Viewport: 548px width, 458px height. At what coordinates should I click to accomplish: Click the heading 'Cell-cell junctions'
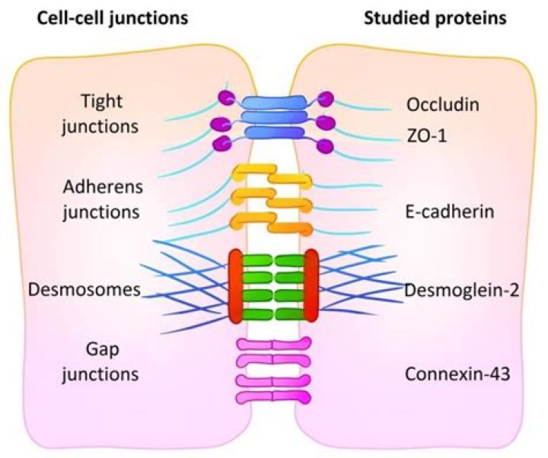coord(112,18)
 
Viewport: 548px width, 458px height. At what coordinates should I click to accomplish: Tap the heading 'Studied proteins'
coord(435,17)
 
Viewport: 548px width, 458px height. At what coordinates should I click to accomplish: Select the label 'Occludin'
coord(443,104)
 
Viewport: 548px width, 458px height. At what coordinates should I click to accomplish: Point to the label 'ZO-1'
coord(426,135)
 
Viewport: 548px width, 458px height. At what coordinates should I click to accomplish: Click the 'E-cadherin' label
coord(450,212)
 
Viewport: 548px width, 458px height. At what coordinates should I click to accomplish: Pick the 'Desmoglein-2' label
coord(462,290)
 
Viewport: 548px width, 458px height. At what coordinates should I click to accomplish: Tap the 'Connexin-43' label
coord(457,374)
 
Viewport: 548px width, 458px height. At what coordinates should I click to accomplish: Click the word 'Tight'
coord(102,102)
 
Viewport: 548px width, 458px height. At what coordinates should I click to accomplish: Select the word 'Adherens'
coord(103,187)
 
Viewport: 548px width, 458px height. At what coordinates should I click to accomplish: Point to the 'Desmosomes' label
coord(84,290)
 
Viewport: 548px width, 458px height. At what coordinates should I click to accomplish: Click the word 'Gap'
coord(103,350)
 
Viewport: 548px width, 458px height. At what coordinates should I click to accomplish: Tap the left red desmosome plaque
coord(235,286)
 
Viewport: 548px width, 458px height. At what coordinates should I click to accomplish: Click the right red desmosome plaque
coord(311,285)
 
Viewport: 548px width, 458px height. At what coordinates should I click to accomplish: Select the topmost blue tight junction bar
coord(274,102)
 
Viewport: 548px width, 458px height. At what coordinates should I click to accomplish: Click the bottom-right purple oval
coord(325,146)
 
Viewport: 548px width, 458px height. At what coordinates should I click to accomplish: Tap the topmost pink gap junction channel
coord(274,344)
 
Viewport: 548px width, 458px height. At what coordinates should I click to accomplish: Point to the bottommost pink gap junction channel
coord(274,397)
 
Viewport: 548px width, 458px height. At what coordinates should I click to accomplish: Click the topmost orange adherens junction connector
coord(272,175)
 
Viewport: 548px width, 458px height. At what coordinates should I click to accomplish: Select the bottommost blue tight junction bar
coord(274,133)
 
